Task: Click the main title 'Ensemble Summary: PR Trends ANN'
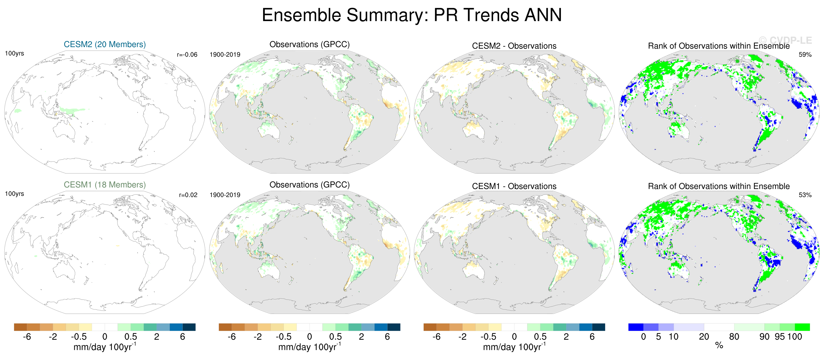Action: (412, 15)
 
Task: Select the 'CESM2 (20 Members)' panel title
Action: (105, 44)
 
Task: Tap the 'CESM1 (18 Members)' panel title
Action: (105, 185)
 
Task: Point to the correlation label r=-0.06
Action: (187, 55)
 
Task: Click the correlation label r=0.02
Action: (188, 195)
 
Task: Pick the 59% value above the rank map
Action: (805, 55)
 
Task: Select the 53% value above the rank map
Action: (805, 195)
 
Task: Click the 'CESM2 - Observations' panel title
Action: (514, 46)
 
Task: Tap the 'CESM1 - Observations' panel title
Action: (514, 186)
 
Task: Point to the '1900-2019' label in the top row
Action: (225, 55)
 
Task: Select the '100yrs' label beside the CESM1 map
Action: (14, 194)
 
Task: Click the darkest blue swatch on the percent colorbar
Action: (636, 327)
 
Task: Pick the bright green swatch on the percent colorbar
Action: (802, 327)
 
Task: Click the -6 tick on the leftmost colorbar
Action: (27, 337)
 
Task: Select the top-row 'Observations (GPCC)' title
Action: (309, 44)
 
